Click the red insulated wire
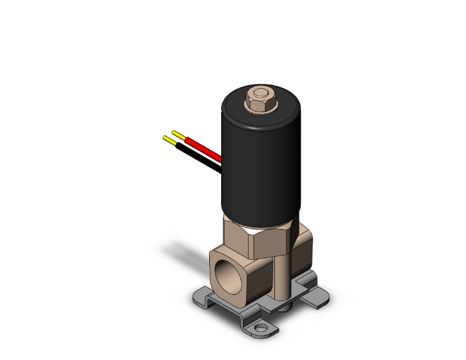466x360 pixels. click(x=204, y=148)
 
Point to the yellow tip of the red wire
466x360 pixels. click(x=178, y=135)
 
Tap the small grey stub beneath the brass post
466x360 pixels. click(x=285, y=308)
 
